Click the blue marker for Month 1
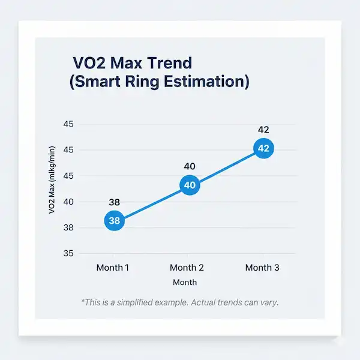115,220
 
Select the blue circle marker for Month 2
190,185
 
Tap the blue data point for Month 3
264,149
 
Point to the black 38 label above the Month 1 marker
115,203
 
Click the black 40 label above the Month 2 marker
190,166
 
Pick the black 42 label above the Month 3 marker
264,130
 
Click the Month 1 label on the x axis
113,268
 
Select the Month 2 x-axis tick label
187,268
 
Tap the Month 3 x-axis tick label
262,268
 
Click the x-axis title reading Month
184,282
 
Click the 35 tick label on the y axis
68,253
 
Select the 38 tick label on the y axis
68,227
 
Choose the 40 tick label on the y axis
68,202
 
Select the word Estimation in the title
211,82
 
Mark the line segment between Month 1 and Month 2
152,203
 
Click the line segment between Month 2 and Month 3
227,167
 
